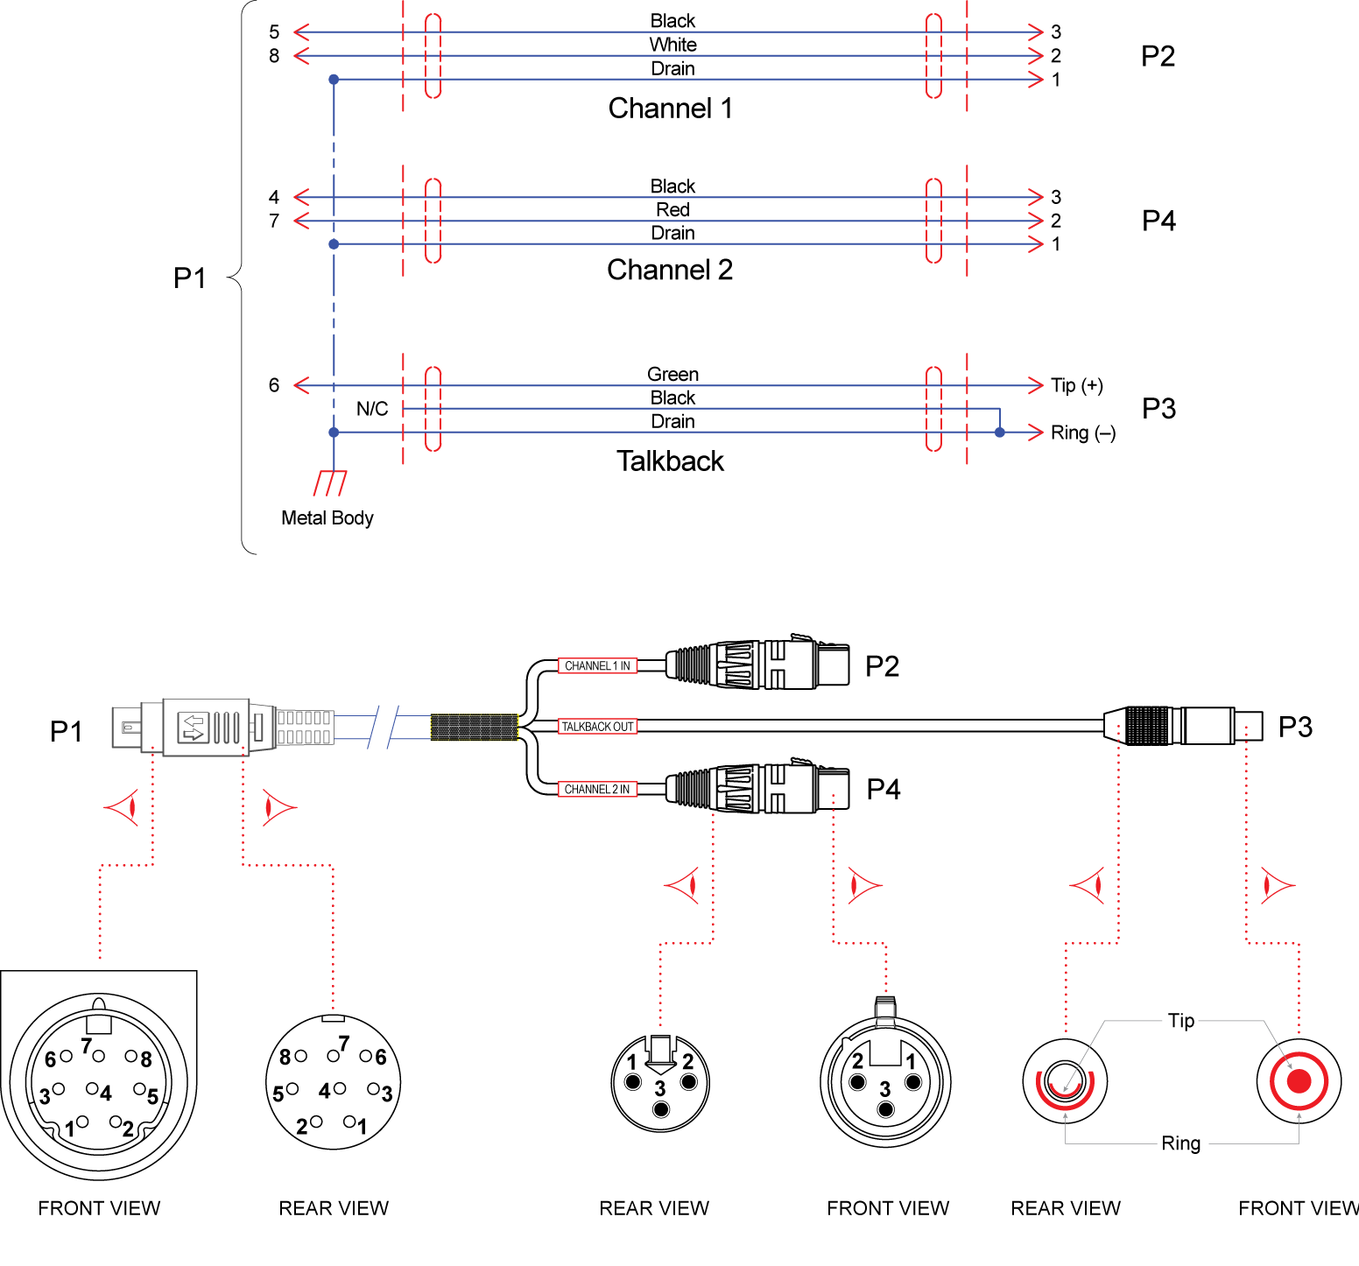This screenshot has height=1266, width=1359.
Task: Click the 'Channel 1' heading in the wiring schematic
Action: [x=670, y=109]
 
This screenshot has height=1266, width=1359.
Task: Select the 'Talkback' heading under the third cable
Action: [x=670, y=461]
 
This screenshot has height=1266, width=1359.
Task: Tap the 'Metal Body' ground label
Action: [x=327, y=518]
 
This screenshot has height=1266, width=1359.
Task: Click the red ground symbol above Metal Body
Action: [x=330, y=482]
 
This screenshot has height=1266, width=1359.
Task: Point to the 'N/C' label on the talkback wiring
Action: [x=372, y=409]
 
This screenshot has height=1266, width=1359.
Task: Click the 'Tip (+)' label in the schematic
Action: [x=1076, y=385]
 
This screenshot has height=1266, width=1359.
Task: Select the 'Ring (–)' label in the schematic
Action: [x=1082, y=433]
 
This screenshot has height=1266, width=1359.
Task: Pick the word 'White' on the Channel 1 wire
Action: [x=672, y=45]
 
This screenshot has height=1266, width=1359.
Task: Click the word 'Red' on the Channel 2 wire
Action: [x=672, y=210]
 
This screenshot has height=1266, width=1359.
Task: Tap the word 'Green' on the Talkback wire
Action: [x=672, y=375]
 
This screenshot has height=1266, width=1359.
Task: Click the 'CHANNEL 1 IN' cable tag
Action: [x=597, y=666]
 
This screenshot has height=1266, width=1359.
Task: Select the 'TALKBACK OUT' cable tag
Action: [x=597, y=727]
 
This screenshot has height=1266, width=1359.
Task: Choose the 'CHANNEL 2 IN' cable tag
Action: [x=597, y=790]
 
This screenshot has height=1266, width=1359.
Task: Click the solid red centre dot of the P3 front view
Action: [x=1299, y=1081]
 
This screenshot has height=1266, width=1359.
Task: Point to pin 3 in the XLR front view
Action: [x=886, y=1109]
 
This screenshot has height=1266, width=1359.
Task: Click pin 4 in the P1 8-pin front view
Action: [x=92, y=1089]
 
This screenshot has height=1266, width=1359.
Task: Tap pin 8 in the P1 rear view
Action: [x=300, y=1056]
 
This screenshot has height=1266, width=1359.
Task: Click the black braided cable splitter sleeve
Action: [x=474, y=728]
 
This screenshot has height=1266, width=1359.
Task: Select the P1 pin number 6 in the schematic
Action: [x=274, y=385]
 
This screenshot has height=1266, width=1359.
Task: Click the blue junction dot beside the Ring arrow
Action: [x=999, y=433]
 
